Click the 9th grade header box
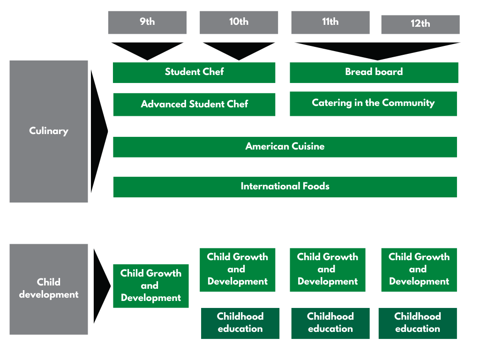(147, 22)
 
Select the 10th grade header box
(239, 22)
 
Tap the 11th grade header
(330, 22)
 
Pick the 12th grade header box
(420, 24)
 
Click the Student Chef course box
(194, 73)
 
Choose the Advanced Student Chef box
(194, 105)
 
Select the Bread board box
(374, 73)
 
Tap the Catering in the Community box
(373, 104)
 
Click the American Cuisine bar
(285, 147)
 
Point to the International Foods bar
(285, 187)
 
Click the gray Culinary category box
(49, 131)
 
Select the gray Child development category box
(49, 289)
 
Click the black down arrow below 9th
(147, 51)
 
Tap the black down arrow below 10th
(239, 51)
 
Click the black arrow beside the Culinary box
(98, 131)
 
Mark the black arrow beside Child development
(101, 286)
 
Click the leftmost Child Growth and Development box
(151, 286)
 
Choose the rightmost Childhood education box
(418, 323)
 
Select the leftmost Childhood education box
(240, 323)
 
